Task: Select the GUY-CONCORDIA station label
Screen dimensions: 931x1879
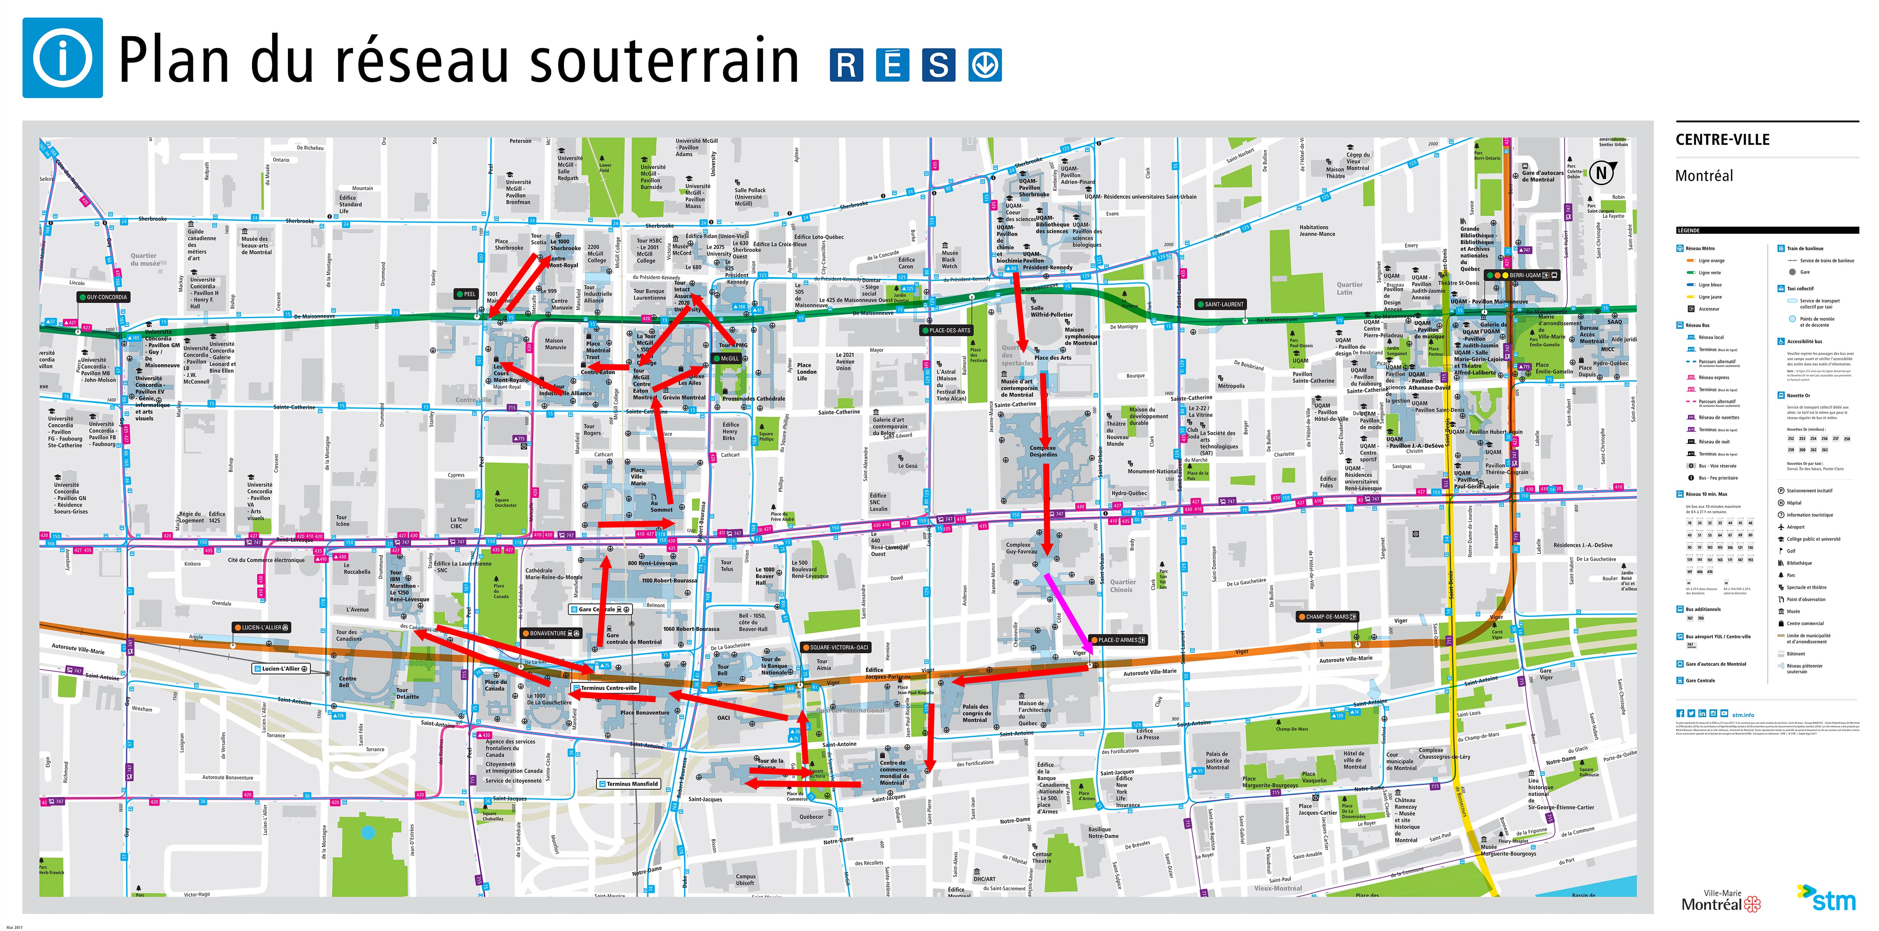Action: pyautogui.click(x=104, y=297)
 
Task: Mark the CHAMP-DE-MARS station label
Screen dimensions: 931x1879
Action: pyautogui.click(x=1328, y=616)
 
